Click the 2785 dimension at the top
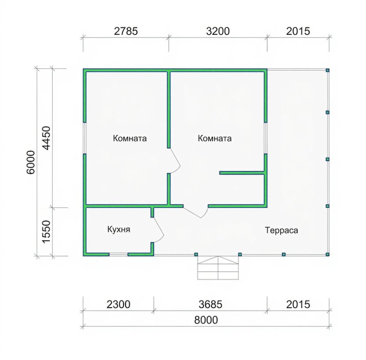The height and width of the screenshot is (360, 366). coord(126,31)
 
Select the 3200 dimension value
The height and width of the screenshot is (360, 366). coord(218,31)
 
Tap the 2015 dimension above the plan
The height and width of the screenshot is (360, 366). coord(298,31)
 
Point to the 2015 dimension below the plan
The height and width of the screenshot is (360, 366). coord(298,305)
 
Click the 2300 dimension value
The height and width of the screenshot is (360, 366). coord(118,305)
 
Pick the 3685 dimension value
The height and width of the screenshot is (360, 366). coord(210,305)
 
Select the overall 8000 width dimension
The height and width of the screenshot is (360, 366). coord(206,320)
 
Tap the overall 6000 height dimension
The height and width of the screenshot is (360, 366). coord(31,162)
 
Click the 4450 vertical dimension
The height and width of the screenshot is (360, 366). coord(46,138)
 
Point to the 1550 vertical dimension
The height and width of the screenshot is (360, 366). coord(46,232)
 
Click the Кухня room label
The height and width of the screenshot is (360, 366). coord(119,229)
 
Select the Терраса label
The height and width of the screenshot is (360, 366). coord(281,231)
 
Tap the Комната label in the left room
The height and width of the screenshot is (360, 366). coord(130,138)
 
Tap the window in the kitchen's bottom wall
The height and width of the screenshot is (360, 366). coord(119,254)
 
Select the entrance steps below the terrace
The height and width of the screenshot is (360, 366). coord(218,268)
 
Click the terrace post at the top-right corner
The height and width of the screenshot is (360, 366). coord(327,70)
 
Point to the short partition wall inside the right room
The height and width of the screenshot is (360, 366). coord(242,173)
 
